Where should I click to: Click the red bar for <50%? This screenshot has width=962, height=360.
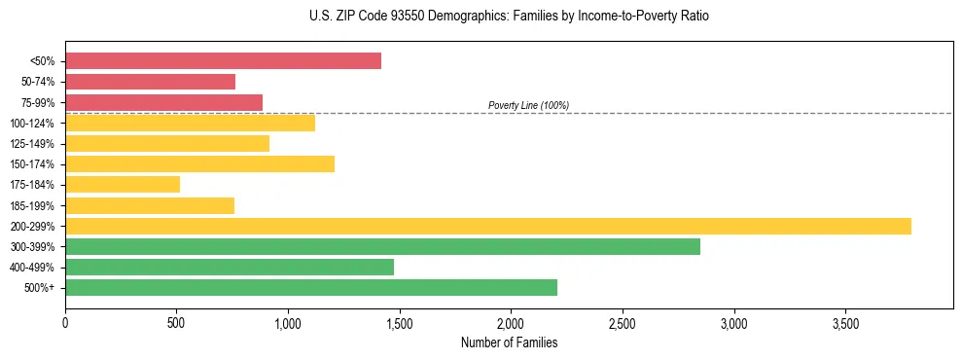click(223, 61)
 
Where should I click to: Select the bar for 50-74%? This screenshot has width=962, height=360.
click(150, 82)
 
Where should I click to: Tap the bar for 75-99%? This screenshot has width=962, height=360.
click(163, 102)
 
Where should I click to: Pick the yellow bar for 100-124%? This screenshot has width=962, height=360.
click(190, 123)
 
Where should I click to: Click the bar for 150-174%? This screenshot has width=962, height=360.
click(199, 163)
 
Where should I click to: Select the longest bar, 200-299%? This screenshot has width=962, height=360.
click(487, 226)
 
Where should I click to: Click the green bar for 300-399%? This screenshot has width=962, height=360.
click(382, 246)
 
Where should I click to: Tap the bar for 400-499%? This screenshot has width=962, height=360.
click(230, 267)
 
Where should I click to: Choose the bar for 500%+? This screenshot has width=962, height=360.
click(311, 287)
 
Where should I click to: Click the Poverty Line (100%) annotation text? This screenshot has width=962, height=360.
click(528, 105)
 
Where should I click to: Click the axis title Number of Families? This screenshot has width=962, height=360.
click(509, 342)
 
